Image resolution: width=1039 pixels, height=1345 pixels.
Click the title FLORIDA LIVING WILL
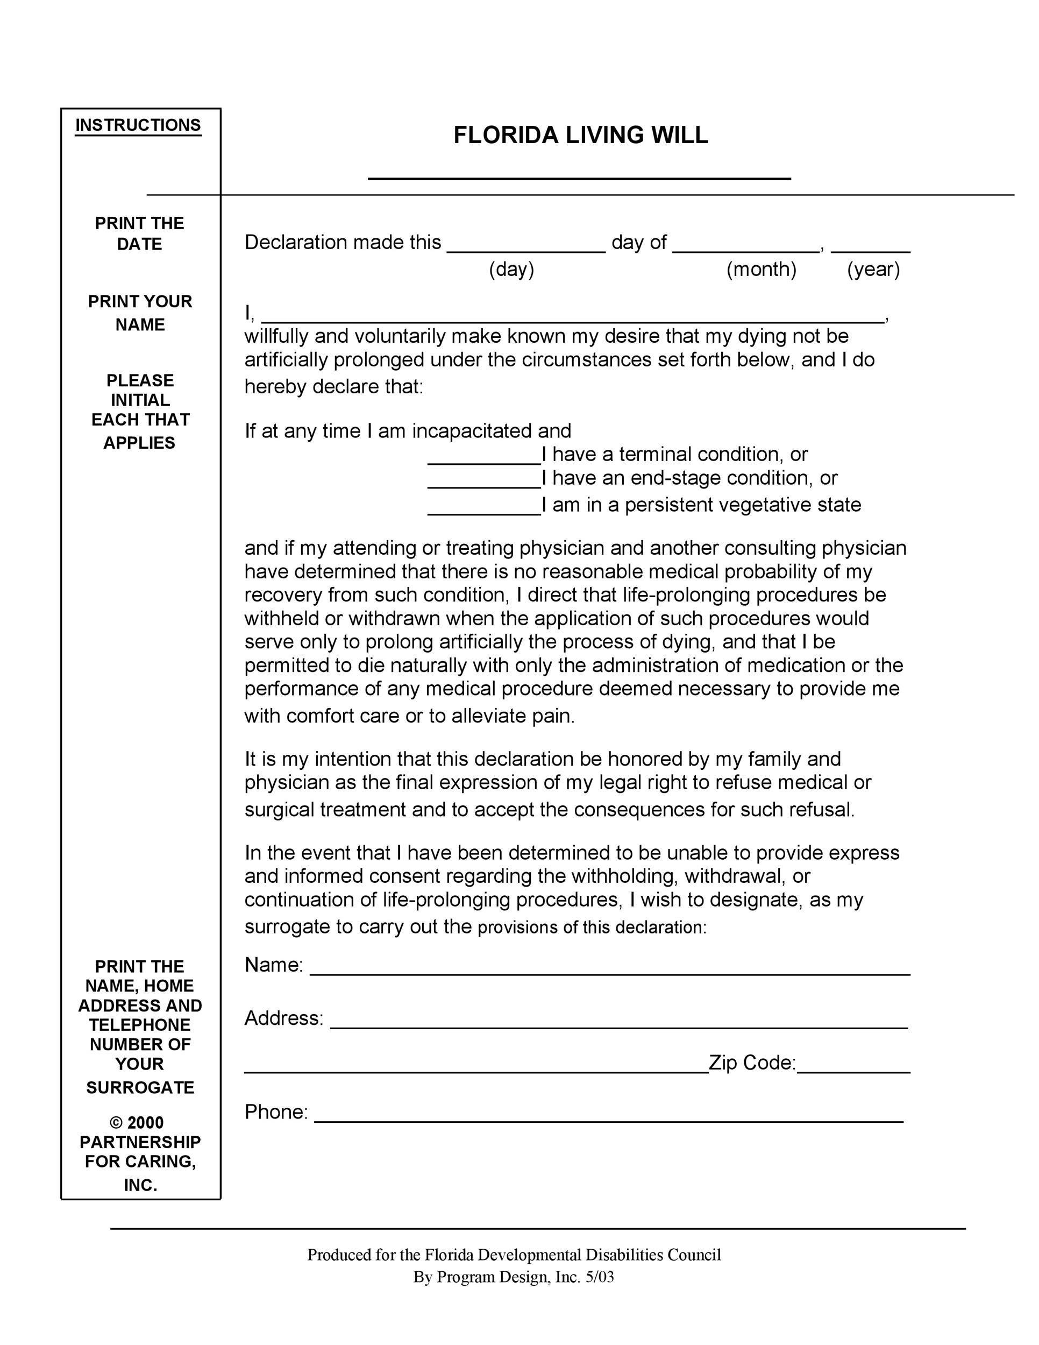pos(580,136)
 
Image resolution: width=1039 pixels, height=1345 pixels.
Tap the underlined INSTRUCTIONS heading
pos(138,125)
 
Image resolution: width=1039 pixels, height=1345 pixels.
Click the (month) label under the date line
pos(762,270)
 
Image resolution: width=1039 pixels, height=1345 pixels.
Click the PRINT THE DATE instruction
pos(139,233)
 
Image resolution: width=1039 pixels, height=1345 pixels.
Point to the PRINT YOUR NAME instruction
pos(140,313)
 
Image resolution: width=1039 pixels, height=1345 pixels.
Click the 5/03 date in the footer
pos(600,1277)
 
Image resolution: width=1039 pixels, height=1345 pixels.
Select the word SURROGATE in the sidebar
pos(140,1088)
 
